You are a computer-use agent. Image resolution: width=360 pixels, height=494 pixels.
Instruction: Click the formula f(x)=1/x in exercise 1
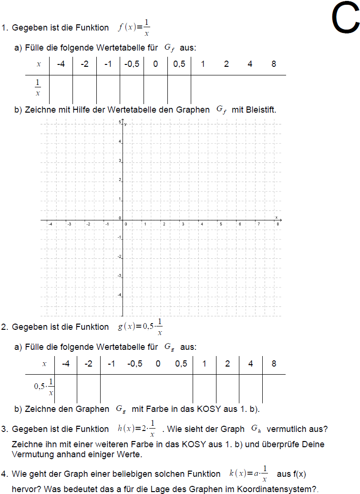134,28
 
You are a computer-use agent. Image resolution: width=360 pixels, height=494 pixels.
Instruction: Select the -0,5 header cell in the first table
132,64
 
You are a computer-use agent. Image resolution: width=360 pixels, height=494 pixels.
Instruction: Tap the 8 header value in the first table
274,64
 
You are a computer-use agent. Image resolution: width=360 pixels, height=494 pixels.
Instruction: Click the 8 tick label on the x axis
278,223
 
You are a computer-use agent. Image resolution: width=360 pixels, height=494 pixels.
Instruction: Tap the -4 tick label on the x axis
50,223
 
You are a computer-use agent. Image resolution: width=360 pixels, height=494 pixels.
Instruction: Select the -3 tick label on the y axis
120,276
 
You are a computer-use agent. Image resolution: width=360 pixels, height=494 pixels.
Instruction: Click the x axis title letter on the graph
276,217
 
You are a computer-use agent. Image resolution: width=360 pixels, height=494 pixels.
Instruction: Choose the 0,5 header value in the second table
181,364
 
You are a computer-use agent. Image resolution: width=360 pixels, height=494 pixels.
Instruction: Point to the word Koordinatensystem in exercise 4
257,489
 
